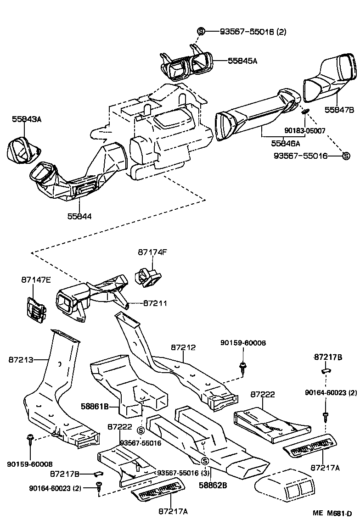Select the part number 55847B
[339, 110]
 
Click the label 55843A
[27, 119]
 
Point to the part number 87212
[183, 347]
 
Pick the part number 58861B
[95, 406]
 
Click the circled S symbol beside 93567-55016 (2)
[201, 31]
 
